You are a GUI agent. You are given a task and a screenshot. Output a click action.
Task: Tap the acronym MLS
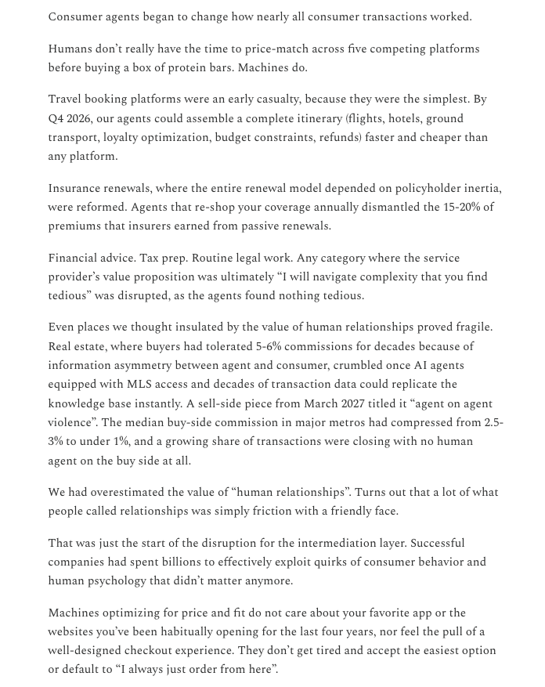(139, 385)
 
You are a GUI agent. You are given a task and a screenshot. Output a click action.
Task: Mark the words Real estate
(78, 346)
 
